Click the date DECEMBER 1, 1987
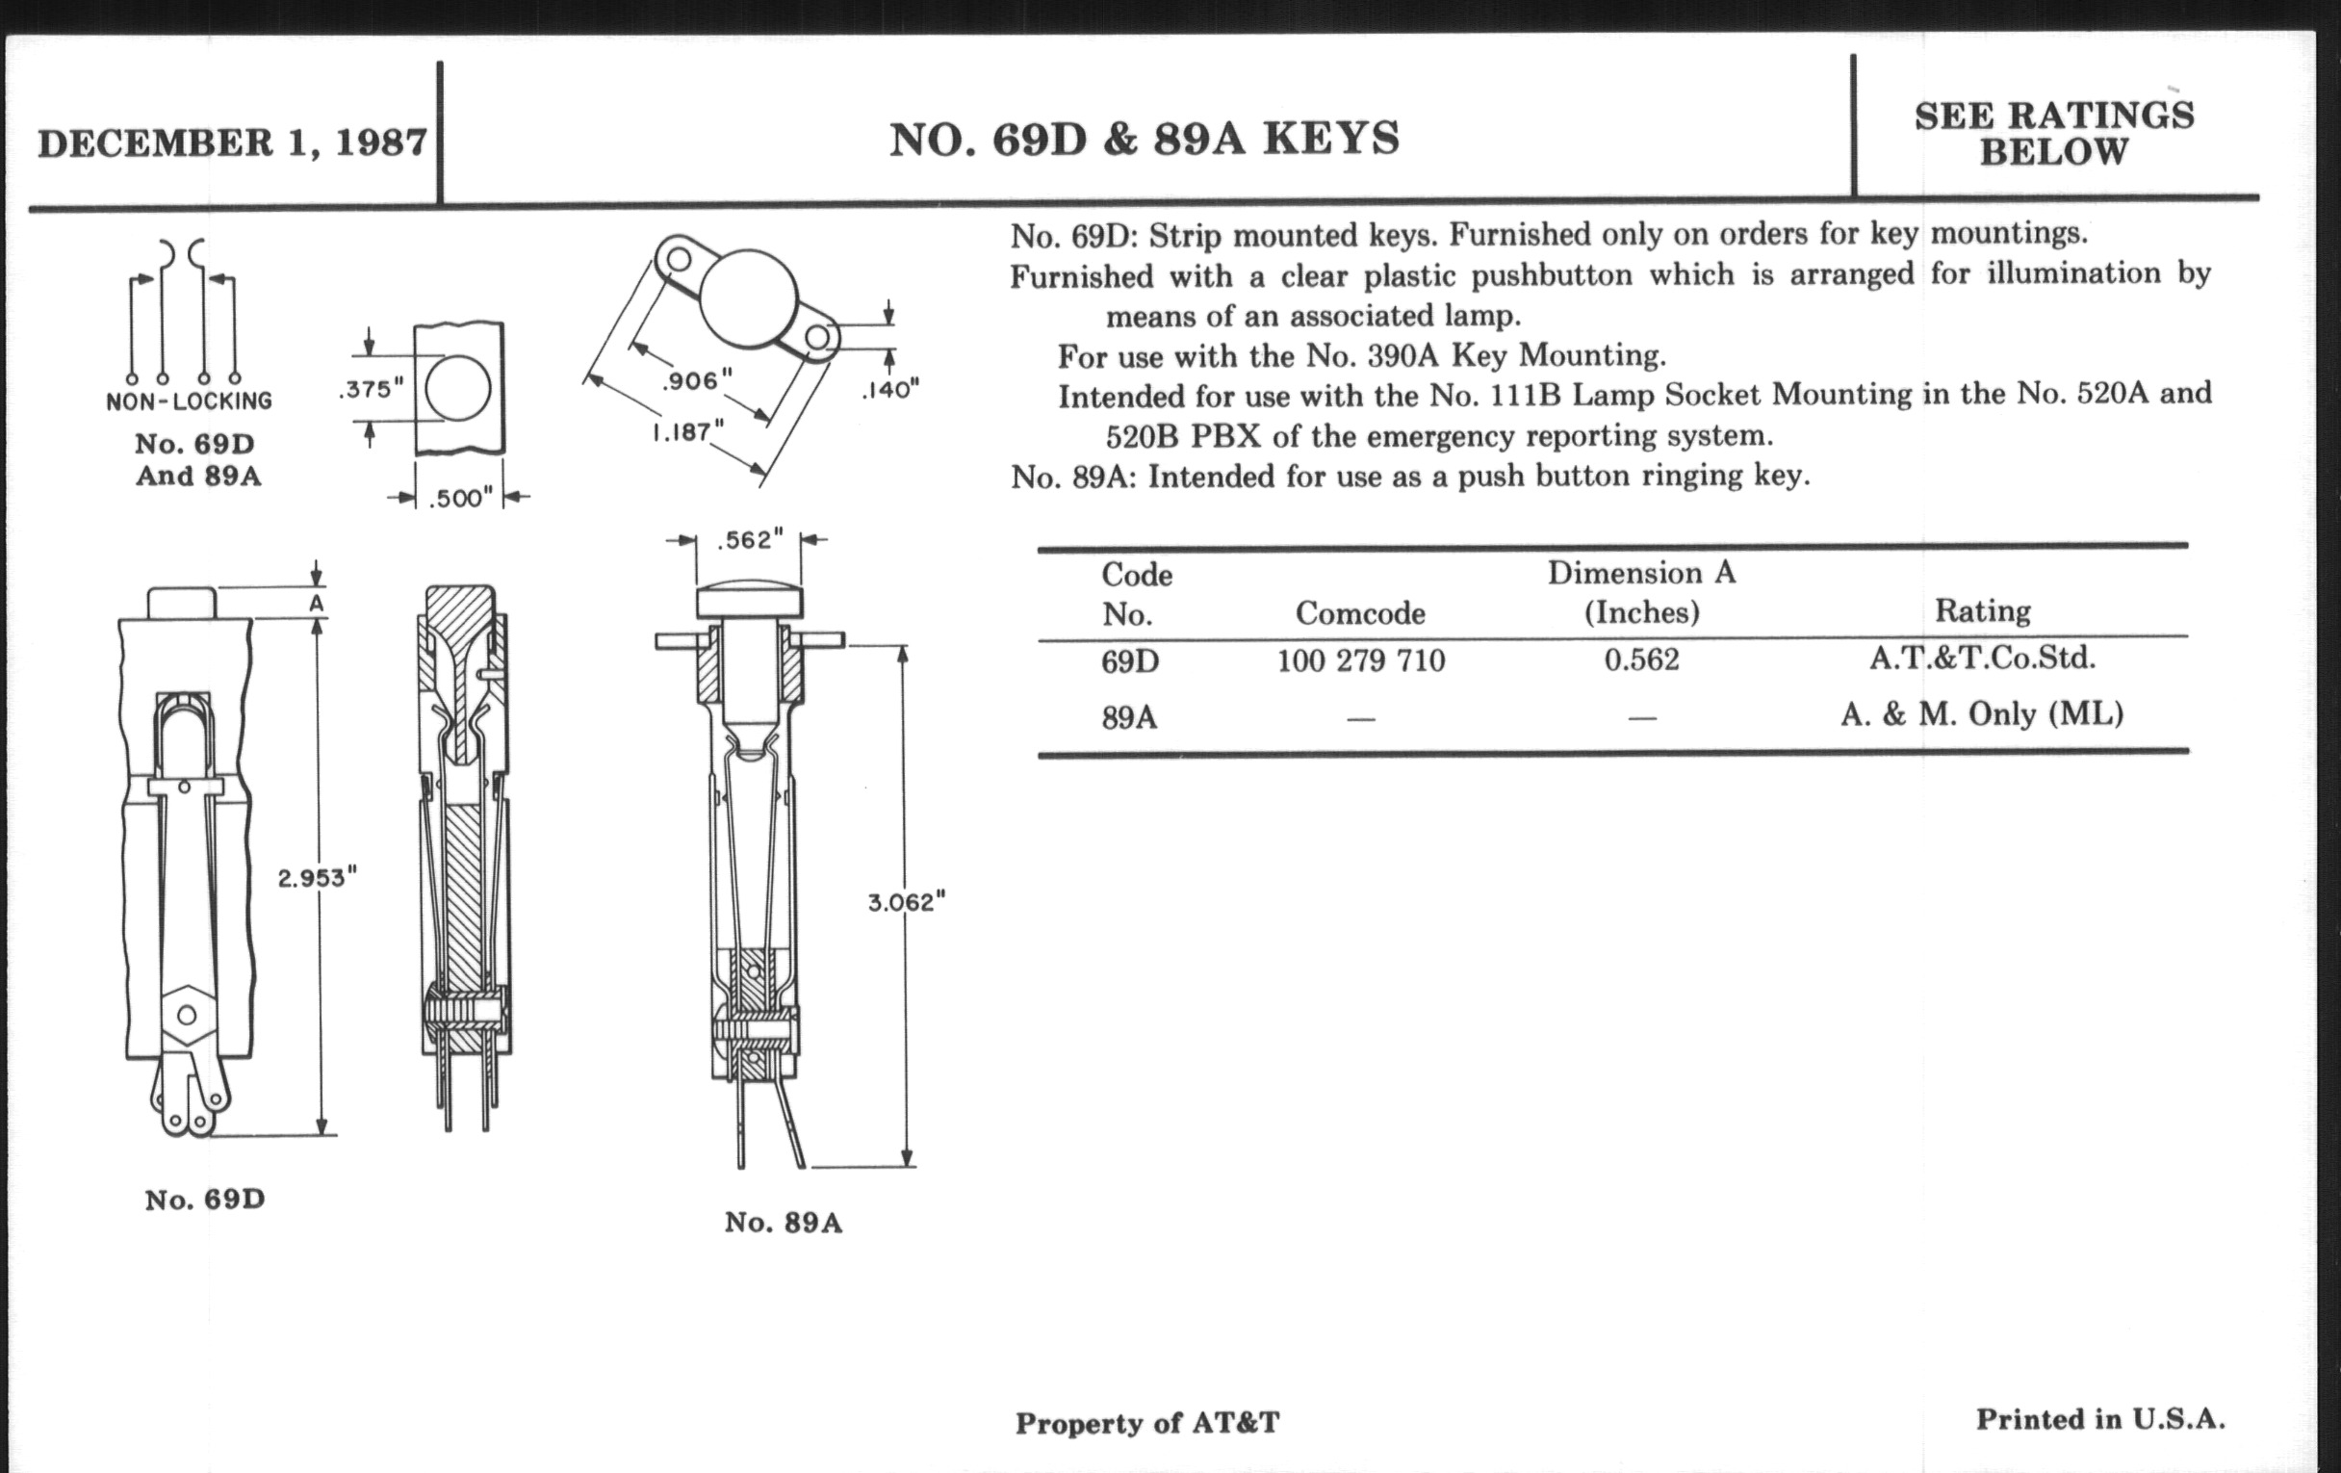[x=231, y=143]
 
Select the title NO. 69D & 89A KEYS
[x=1145, y=140]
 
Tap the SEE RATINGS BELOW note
[x=2053, y=134]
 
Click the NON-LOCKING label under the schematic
[x=189, y=401]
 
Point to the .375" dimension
[x=371, y=389]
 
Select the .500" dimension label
[x=461, y=499]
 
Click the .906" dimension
[x=696, y=380]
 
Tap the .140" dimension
[x=889, y=390]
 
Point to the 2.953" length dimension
[x=317, y=878]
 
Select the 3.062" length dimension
[x=906, y=902]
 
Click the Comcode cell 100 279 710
[x=1360, y=661]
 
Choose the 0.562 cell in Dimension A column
[x=1641, y=660]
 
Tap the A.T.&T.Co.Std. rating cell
[x=1981, y=659]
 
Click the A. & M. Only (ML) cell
[x=1981, y=714]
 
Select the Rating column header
[x=1981, y=610]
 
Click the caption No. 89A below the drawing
[x=783, y=1222]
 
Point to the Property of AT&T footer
[x=1147, y=1423]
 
